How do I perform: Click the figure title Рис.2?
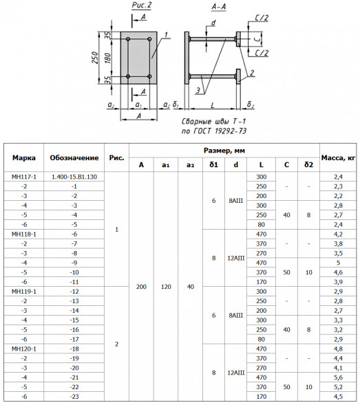pyautogui.click(x=142, y=6)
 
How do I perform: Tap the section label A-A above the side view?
pyautogui.click(x=218, y=7)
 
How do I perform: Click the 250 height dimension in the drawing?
pyautogui.click(x=95, y=58)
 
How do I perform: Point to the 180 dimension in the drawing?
pyautogui.click(x=107, y=58)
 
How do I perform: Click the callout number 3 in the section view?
pyautogui.click(x=198, y=90)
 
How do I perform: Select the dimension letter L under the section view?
pyautogui.click(x=213, y=105)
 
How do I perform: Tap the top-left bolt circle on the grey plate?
pyautogui.click(x=128, y=39)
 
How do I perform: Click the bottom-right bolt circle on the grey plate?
pyautogui.click(x=149, y=76)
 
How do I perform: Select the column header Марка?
pyautogui.click(x=24, y=158)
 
